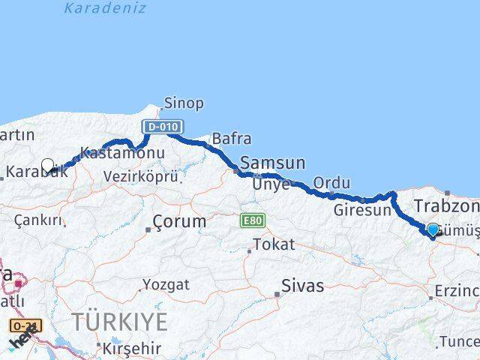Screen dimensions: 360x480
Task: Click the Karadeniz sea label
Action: tap(105, 8)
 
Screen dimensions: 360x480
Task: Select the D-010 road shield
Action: tap(161, 127)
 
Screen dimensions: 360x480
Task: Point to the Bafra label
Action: tap(231, 139)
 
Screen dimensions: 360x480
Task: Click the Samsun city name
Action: tap(272, 163)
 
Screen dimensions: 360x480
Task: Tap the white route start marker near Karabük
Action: tap(48, 166)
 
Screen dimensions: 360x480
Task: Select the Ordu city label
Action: tap(331, 183)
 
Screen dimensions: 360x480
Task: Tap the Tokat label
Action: tap(274, 244)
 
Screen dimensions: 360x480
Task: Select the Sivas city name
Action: tap(303, 286)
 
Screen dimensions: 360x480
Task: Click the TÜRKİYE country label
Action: tap(119, 322)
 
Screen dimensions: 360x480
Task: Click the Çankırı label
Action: tap(37, 220)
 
